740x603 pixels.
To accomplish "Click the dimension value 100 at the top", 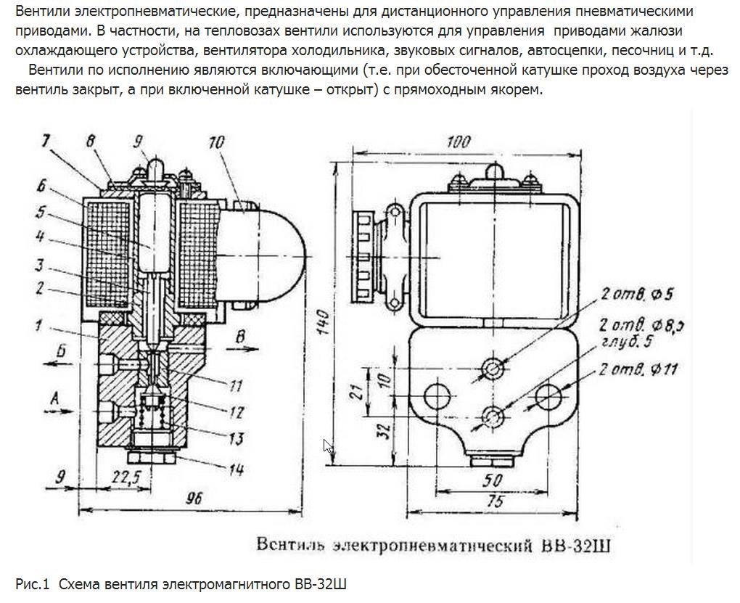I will pos(458,141).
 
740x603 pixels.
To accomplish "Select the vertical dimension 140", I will pos(324,320).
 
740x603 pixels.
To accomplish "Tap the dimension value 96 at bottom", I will pos(192,499).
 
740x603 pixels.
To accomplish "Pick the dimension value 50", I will pos(493,480).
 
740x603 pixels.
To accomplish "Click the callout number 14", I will pos(235,469).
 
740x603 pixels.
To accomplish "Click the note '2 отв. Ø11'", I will pos(638,369).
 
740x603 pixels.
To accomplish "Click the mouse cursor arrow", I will pos(328,446).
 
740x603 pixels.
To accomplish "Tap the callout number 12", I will pos(235,411).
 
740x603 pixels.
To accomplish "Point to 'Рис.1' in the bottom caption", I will pos(32,584).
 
